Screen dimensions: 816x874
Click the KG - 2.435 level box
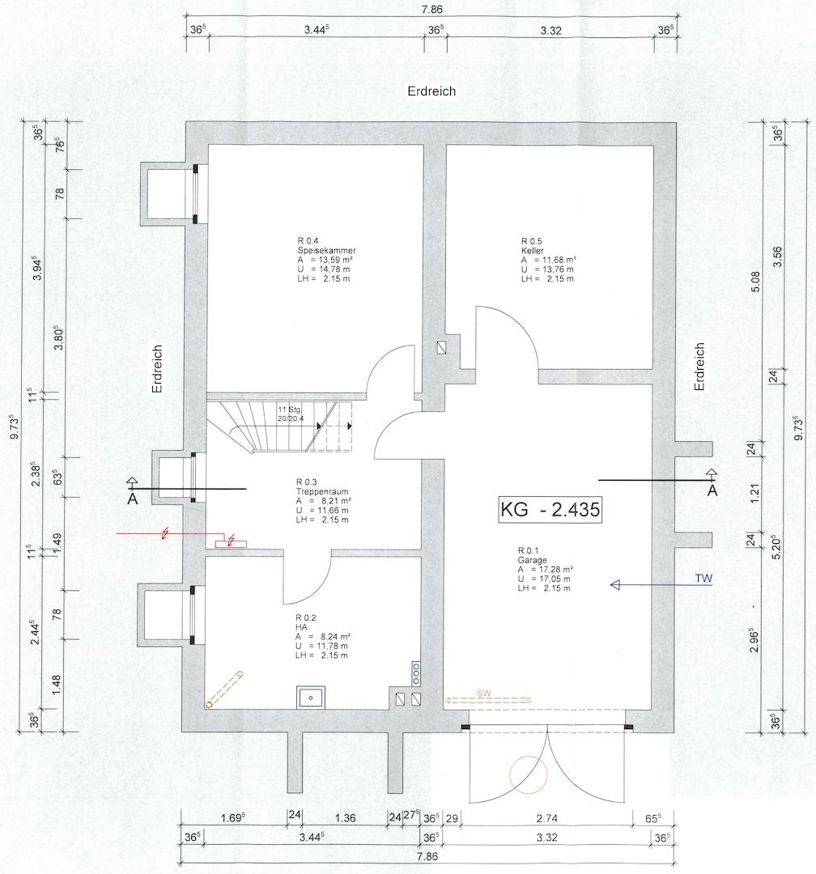point(550,510)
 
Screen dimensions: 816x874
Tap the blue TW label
point(703,578)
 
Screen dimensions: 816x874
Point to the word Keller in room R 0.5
point(532,250)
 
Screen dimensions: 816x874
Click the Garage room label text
point(532,560)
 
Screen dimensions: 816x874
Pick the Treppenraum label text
point(322,492)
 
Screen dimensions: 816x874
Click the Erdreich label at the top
point(431,91)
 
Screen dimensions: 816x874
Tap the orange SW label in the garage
point(484,693)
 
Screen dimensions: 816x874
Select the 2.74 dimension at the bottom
point(546,818)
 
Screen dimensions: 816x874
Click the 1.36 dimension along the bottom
point(345,818)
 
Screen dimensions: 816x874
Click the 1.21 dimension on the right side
point(755,492)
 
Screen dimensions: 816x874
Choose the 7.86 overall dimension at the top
point(431,10)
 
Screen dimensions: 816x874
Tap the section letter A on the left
point(132,499)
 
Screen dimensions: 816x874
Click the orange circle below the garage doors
point(528,774)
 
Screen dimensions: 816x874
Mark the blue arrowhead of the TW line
point(616,585)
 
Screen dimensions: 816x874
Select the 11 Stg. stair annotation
point(290,409)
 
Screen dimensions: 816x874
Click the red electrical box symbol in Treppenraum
point(231,543)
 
